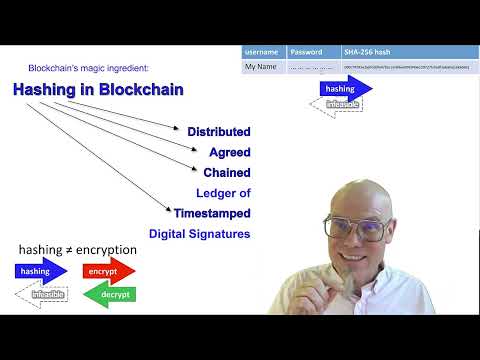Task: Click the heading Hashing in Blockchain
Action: coord(98,90)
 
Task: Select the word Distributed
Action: coord(218,132)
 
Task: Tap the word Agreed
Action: coord(229,153)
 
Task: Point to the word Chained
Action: coord(226,173)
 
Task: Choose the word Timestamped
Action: coord(211,213)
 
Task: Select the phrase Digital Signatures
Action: coord(199,234)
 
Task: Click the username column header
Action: coord(263,51)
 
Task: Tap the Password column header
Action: coord(306,51)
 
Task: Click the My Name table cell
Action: coord(262,67)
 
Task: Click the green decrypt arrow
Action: coord(108,295)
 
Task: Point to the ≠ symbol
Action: coord(70,250)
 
